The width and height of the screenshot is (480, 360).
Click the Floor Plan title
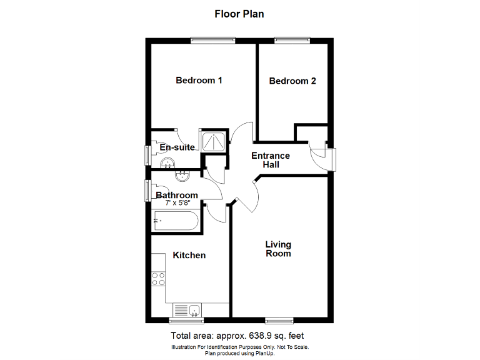point(239,14)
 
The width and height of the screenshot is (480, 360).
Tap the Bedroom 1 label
point(199,81)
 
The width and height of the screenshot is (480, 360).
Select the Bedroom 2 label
point(292,81)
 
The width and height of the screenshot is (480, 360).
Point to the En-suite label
point(177,147)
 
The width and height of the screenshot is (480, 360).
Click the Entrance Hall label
point(271,160)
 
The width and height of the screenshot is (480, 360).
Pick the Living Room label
point(278,249)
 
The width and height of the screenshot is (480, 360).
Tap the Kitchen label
point(189,255)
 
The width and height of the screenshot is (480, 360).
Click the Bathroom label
point(177,195)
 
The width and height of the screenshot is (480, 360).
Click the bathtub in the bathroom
point(176,221)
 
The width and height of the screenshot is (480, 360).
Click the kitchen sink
point(186,309)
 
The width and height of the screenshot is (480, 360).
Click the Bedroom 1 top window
point(209,41)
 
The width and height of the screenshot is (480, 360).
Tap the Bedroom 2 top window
point(292,41)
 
